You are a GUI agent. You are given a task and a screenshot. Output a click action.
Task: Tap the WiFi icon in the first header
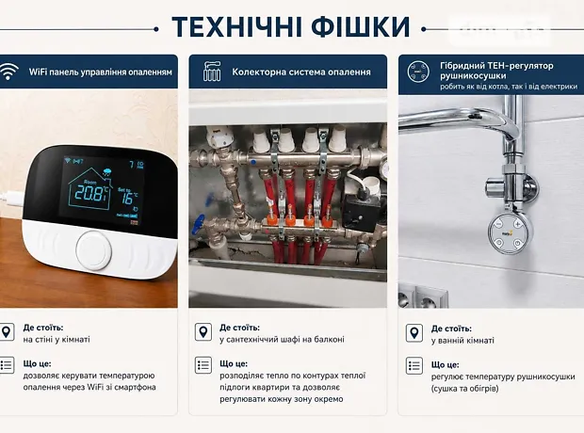pyautogui.click(x=8, y=72)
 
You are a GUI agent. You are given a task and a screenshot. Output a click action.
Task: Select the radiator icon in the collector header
pyautogui.click(x=212, y=72)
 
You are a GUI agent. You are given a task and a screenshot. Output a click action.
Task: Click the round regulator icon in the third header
pyautogui.click(x=418, y=72)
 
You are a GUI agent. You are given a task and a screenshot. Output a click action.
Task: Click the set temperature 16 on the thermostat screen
pyautogui.click(x=127, y=197)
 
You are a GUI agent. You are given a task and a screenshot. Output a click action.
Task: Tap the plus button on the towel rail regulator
pyautogui.click(x=518, y=224)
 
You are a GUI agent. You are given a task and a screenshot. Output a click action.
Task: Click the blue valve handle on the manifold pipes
pyautogui.click(x=198, y=224)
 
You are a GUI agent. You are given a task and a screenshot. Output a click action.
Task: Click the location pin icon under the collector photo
pyautogui.click(x=203, y=331)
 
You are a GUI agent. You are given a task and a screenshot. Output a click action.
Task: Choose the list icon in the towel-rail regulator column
pyautogui.click(x=414, y=366)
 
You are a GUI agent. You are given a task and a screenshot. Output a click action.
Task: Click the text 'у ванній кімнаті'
pyautogui.click(x=462, y=341)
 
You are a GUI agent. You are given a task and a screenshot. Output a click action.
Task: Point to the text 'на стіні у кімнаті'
pyautogui.click(x=57, y=339)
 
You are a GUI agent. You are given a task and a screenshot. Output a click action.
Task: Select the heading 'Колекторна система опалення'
pyautogui.click(x=301, y=72)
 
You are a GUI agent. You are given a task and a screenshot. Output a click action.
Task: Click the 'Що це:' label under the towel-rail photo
pyautogui.click(x=446, y=365)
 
